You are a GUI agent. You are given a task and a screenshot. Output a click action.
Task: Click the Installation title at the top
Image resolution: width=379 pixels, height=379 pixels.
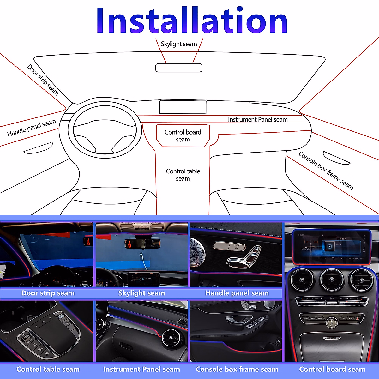192,20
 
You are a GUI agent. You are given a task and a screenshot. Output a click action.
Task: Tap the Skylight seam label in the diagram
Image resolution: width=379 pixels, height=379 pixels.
179,44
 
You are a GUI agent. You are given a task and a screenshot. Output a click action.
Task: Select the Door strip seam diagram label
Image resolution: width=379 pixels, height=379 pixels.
43,80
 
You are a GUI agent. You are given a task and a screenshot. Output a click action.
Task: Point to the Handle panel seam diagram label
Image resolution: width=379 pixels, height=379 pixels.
32,128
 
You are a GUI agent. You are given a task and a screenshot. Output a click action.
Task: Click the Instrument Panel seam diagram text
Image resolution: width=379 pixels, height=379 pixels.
258,120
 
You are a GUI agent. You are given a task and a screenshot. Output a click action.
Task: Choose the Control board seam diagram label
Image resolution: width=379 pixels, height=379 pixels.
183,136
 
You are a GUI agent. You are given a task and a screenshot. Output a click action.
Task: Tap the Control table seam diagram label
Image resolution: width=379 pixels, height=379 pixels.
183,175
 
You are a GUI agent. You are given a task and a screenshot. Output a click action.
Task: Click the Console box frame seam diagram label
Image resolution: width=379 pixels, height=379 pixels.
326,170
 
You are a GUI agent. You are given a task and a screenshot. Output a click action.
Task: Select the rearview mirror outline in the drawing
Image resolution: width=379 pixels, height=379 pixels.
179,68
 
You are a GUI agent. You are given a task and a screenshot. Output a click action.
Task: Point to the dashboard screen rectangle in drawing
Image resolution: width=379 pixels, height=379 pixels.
183,107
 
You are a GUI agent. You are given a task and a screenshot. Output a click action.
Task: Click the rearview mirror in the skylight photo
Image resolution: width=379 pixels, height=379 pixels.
142,243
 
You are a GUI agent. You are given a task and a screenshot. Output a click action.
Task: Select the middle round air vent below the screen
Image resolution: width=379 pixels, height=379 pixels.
332,280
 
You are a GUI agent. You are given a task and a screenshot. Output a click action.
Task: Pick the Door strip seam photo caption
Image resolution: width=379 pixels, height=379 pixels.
48,293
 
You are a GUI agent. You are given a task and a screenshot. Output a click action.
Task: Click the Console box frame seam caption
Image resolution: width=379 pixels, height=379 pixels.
237,369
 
